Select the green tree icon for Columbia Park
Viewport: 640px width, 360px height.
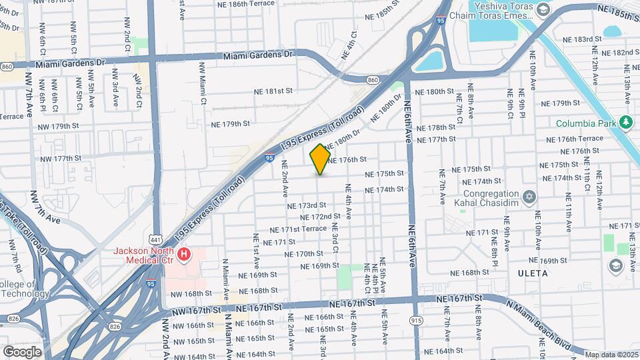pyautogui.click(x=625, y=123)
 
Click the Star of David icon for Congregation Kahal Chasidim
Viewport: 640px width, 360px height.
pyautogui.click(x=529, y=197)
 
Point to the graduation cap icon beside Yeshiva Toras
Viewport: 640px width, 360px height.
pyautogui.click(x=543, y=10)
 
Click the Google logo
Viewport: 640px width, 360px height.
pyautogui.click(x=22, y=351)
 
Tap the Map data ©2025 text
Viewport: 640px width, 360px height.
pyautogui.click(x=611, y=354)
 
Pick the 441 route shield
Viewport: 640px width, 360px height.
pyautogui.click(x=155, y=239)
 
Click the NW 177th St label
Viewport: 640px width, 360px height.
pyautogui.click(x=60, y=159)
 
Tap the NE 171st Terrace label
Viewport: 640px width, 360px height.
pyautogui.click(x=298, y=229)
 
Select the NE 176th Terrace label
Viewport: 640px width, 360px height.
pyautogui.click(x=575, y=139)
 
